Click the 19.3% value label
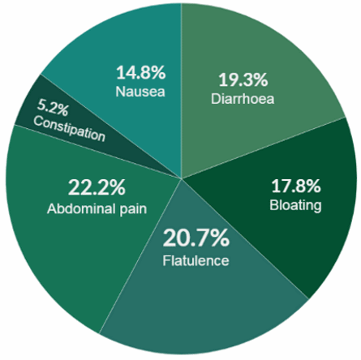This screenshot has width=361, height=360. click(x=243, y=80)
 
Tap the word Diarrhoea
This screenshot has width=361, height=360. click(x=243, y=99)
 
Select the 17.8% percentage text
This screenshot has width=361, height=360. click(x=296, y=186)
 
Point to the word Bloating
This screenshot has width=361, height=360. click(x=295, y=205)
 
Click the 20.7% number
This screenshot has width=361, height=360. click(x=196, y=238)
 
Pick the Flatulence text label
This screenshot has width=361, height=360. click(x=196, y=261)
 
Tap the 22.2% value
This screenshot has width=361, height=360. click(x=97, y=187)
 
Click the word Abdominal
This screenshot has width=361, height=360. click(x=81, y=208)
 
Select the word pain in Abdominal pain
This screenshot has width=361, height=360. click(x=133, y=209)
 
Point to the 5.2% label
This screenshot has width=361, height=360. click(x=53, y=108)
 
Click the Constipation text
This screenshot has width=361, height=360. click(x=69, y=129)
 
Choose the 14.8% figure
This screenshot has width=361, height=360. click(x=140, y=73)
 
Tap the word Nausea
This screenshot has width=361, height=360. click(x=140, y=92)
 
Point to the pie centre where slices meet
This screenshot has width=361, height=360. click(x=182, y=178)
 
